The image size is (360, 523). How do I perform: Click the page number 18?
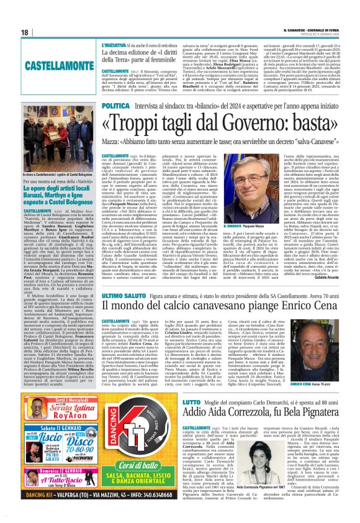coord(24,32)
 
